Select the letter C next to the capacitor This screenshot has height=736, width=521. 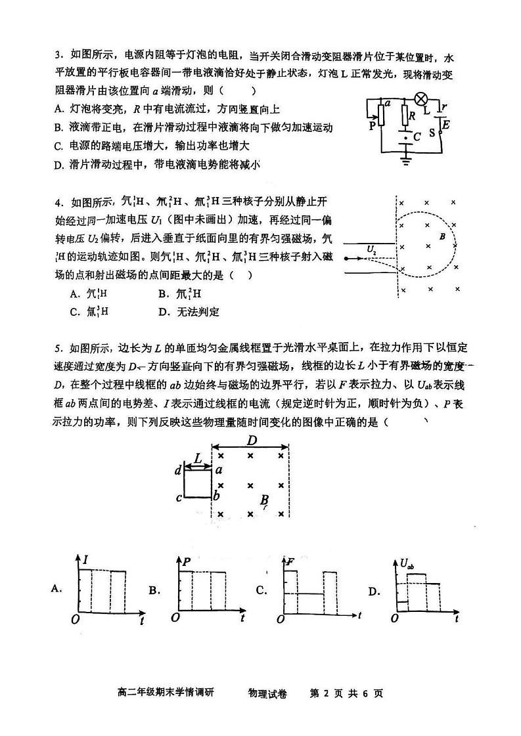click(416, 137)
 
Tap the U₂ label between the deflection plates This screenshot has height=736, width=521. click(372, 248)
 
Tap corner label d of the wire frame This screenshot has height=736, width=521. click(177, 470)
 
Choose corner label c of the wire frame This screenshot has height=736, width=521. click(178, 497)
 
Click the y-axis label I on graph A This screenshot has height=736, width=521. click(85, 559)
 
